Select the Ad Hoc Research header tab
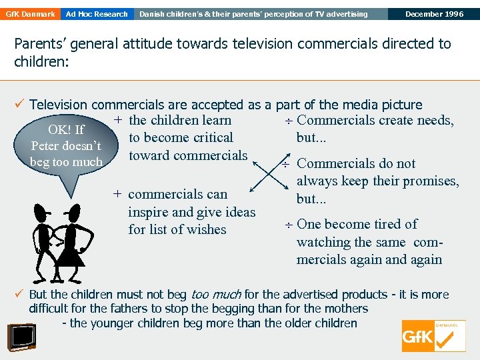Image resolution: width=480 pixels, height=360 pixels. pos(97,14)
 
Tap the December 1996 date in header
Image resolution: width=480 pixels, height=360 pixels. pos(433,14)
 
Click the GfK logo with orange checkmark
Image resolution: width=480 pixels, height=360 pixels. pos(433,336)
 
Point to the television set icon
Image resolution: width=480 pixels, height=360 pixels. pos(23,337)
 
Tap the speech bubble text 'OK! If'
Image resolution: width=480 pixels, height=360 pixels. pos(66,130)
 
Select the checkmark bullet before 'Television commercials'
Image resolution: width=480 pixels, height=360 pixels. pos(20,105)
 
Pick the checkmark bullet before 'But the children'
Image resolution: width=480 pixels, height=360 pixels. pos(20,294)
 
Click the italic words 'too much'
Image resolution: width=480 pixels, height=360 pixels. pos(216,295)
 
